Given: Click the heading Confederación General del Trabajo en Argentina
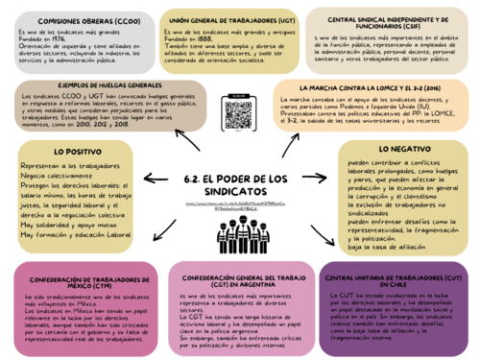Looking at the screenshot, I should point(238,282).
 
